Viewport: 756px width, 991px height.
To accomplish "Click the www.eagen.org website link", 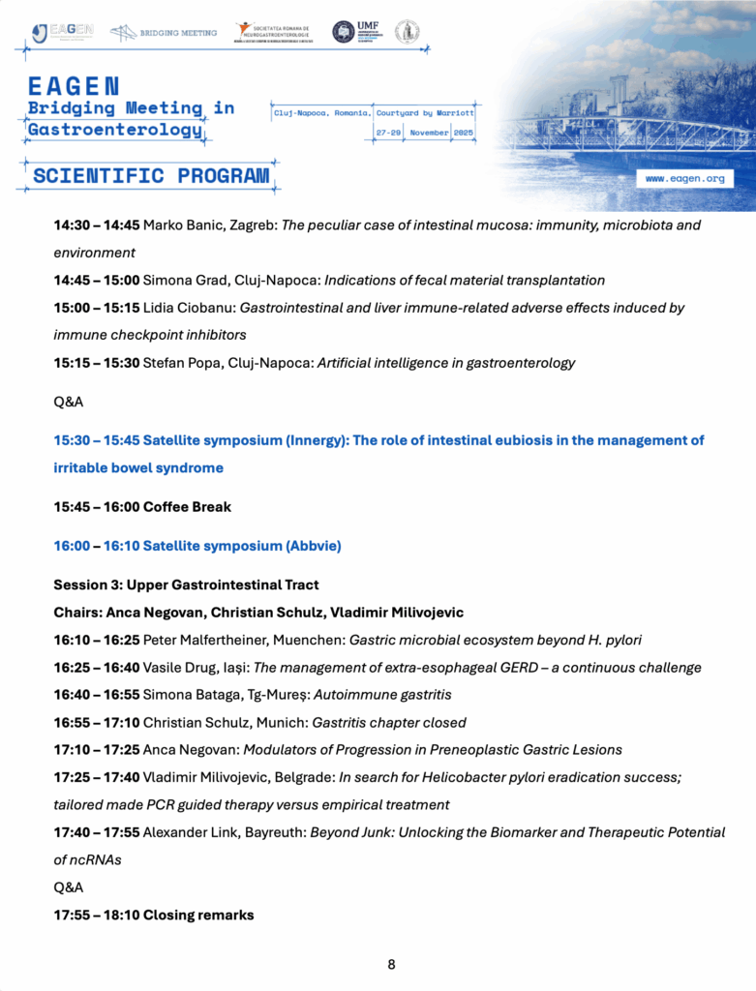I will pos(684,179).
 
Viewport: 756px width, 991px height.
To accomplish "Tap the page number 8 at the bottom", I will pos(391,964).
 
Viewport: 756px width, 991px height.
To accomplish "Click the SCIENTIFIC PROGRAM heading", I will pos(151,176).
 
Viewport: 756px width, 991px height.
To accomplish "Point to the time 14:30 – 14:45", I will pos(96,225).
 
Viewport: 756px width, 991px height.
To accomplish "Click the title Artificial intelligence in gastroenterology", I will pos(450,363).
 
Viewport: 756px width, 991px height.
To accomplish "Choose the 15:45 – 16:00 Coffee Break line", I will pos(142,506).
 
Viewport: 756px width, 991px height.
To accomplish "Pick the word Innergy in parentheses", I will pos(317,440).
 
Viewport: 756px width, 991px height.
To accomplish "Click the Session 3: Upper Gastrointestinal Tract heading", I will pos(186,585).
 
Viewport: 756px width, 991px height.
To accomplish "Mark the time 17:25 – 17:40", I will pos(96,777).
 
